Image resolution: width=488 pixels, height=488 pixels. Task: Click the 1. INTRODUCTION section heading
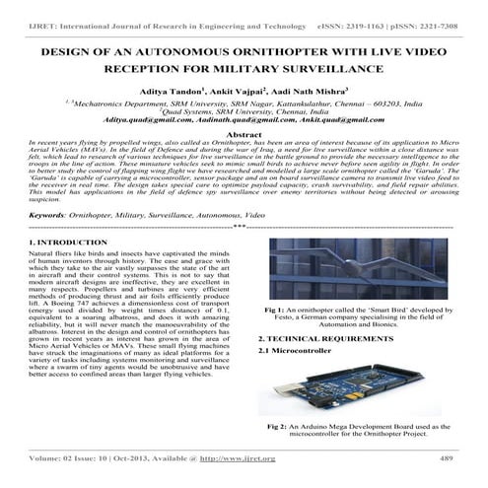tap(97, 241)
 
